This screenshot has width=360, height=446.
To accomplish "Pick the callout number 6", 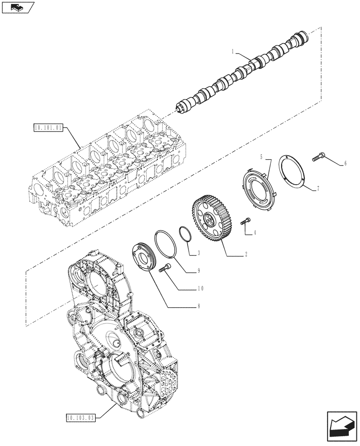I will coord(345,164).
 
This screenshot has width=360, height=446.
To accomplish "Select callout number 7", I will coord(318,189).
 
